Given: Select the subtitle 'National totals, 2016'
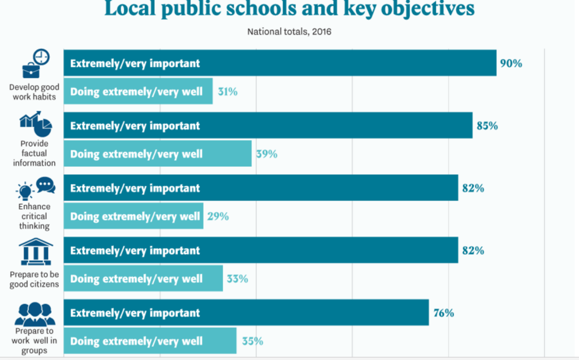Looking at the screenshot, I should tap(289, 32).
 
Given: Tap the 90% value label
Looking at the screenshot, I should tap(511, 63).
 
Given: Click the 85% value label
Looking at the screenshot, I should tap(487, 125).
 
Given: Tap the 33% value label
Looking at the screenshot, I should tap(237, 279).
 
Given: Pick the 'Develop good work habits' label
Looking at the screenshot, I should tap(34, 92).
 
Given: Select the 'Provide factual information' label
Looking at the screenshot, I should tap(34, 153).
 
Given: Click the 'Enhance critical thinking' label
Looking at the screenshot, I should tap(34, 216).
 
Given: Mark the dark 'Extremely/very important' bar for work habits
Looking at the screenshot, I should tap(279, 63).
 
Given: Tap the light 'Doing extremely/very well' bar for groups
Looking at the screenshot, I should tap(149, 341).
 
